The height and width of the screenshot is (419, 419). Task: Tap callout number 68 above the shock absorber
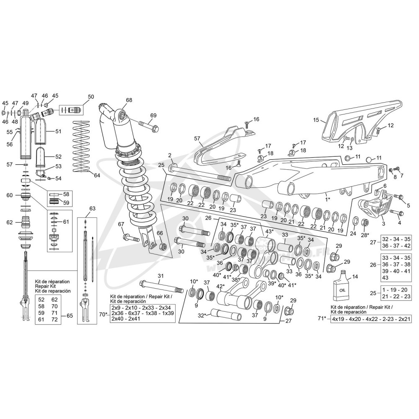129,100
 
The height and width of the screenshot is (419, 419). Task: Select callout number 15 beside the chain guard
316,120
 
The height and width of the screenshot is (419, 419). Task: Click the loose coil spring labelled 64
82,146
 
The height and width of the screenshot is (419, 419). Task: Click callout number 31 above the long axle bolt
160,276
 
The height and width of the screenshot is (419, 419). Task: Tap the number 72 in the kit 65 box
54,320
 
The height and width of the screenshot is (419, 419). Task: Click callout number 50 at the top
91,97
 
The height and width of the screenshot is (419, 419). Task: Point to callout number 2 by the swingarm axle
169,155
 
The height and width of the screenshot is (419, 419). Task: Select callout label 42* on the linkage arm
221,287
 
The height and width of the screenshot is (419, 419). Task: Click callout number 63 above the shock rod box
92,208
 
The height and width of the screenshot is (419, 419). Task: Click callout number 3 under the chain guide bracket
383,224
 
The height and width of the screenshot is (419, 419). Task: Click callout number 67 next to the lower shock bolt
122,224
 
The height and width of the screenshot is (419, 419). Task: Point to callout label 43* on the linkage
269,231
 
